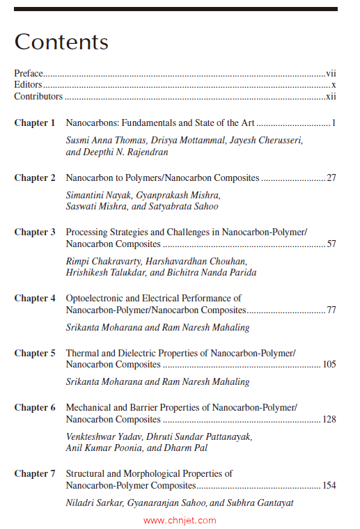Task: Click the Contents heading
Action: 61,42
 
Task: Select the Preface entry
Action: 29,73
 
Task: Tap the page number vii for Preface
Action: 331,73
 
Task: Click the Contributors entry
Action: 38,97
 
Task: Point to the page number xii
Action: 331,97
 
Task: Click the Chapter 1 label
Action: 35,123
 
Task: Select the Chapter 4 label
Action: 35,299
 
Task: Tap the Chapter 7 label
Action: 35,474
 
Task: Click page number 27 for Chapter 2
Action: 331,178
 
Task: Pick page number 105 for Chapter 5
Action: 329,365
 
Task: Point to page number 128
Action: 329,420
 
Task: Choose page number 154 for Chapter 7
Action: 329,486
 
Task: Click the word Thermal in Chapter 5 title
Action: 81,354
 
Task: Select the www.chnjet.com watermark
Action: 180,521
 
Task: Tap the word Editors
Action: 29,85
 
